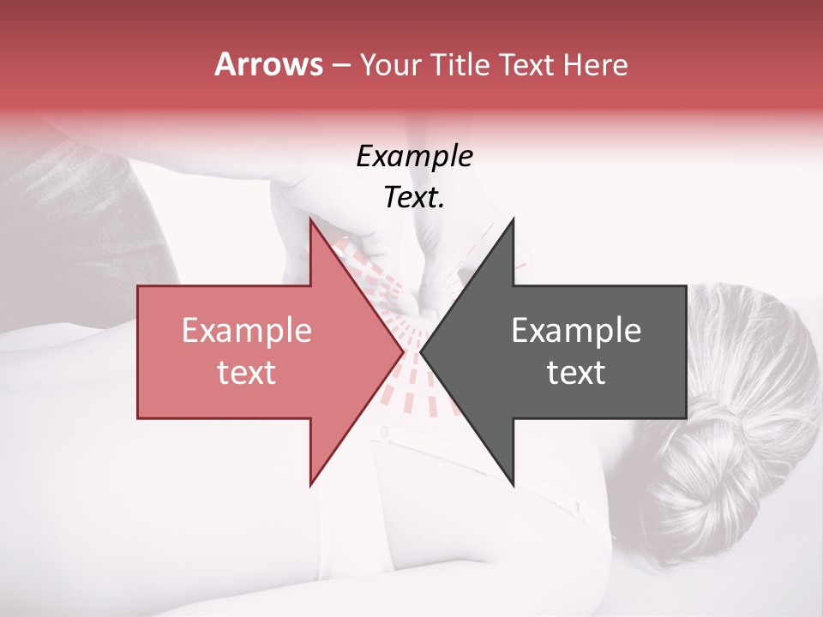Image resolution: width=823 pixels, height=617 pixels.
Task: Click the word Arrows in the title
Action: pos(269,64)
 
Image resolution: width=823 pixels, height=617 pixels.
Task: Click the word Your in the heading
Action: pos(390,64)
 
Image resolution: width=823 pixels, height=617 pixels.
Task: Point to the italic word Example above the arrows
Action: pos(414,157)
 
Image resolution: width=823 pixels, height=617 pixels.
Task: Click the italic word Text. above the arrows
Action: pos(414,198)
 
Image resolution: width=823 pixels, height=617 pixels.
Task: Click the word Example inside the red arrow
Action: pos(246,331)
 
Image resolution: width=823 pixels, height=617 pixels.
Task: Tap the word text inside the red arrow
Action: pos(246,373)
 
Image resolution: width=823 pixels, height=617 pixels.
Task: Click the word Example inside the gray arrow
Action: pos(576,331)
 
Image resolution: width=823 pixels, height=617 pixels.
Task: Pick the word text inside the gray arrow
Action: pos(576,373)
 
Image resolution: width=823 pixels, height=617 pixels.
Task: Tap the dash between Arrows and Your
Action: pos(340,65)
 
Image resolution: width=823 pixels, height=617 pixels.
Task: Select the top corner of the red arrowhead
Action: pos(311,222)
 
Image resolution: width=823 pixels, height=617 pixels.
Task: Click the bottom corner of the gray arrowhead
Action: pos(513,483)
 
